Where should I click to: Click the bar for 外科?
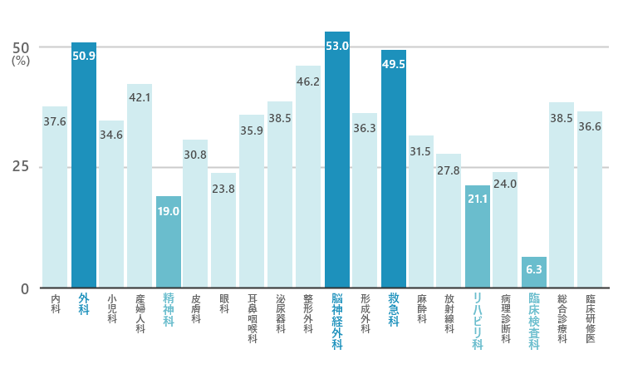point(84,166)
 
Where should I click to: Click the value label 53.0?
point(337,46)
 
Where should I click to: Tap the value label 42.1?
point(140,97)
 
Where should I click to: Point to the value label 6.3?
point(533,269)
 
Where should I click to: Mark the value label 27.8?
point(449,170)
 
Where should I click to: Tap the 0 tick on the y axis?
point(25,288)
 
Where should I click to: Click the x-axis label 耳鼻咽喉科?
point(253,319)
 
